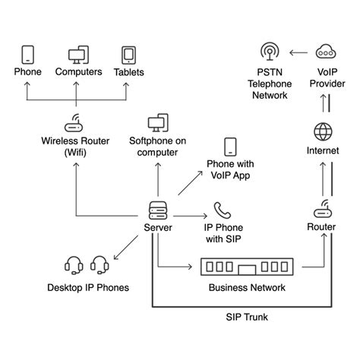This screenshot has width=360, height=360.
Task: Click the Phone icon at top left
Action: click(28, 55)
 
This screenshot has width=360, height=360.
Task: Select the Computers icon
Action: click(78, 55)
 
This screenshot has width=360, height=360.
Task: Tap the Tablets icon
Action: click(128, 55)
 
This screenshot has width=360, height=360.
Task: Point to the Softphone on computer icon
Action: click(158, 123)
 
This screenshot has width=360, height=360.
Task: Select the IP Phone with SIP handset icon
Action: click(222, 210)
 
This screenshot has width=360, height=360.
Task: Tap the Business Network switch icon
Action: click(247, 267)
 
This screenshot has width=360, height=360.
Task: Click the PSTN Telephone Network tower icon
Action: click(269, 52)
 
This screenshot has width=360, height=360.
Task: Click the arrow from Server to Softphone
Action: click(158, 179)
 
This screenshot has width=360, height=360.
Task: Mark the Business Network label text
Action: click(247, 288)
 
